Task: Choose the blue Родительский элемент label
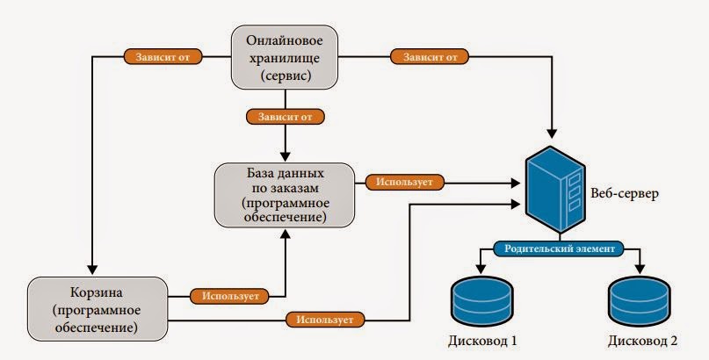(x=559, y=248)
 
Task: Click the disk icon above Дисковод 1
(x=479, y=299)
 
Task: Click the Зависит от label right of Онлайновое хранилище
(x=430, y=58)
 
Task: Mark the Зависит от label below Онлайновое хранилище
(x=286, y=116)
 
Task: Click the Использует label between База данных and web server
(x=404, y=184)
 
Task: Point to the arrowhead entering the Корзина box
(x=91, y=270)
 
